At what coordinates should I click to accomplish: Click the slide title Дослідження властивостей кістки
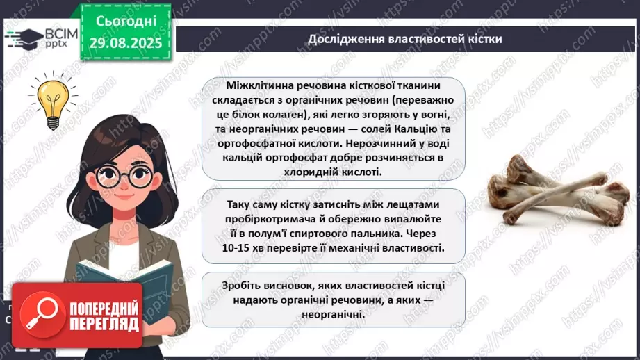coord(405,38)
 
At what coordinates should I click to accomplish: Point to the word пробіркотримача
coord(264,219)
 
